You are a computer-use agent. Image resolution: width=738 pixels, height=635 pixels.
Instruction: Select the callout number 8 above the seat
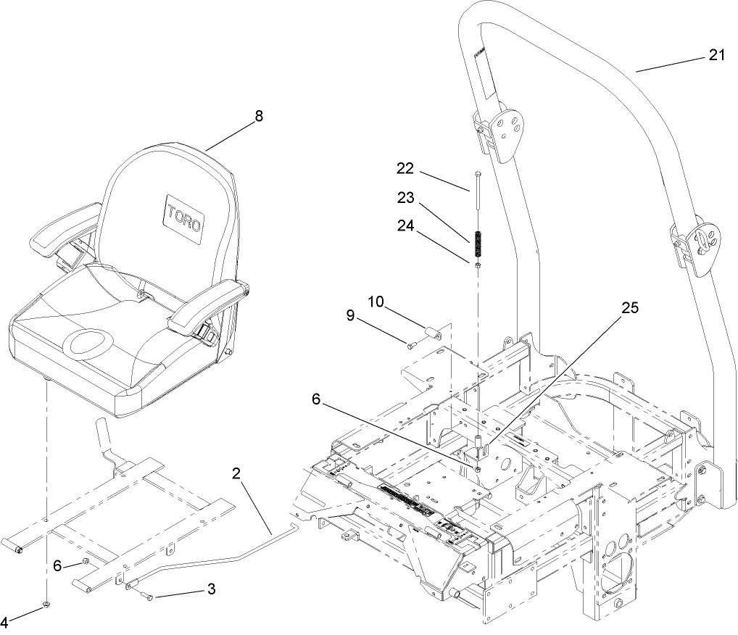(x=259, y=116)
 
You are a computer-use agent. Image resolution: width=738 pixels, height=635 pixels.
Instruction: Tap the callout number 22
(x=405, y=168)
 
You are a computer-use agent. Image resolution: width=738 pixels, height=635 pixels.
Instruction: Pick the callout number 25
(x=630, y=308)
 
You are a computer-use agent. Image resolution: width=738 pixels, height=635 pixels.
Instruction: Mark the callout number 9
(x=352, y=316)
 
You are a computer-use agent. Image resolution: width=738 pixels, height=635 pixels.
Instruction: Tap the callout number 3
(x=211, y=589)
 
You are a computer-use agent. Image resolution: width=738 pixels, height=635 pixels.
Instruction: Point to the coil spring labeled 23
(x=478, y=244)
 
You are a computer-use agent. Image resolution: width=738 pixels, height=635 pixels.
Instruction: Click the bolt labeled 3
(x=149, y=596)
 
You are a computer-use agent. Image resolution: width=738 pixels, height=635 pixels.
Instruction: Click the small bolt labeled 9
(x=411, y=346)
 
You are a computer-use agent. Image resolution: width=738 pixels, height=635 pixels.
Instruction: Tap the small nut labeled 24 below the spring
(x=478, y=266)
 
